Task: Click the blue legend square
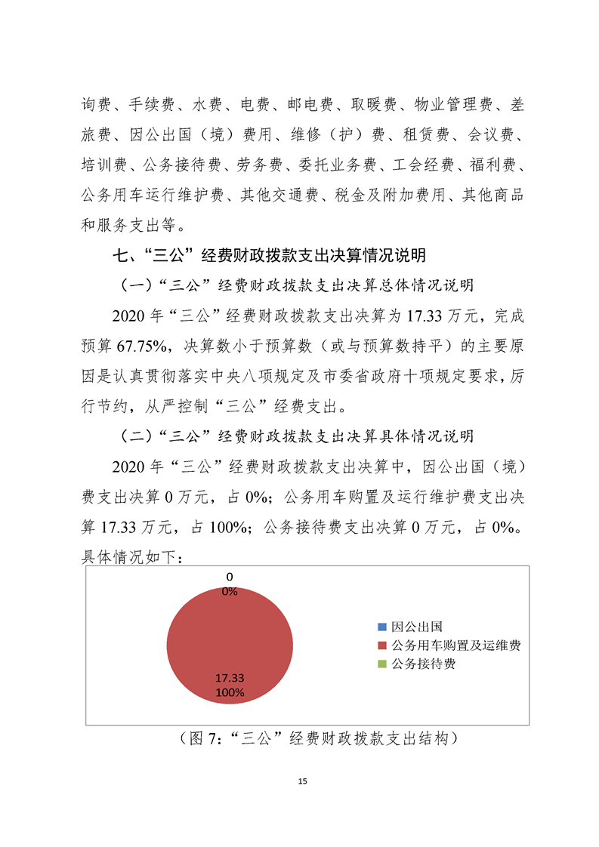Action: tap(382, 627)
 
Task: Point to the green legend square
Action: tap(382, 664)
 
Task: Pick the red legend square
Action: tap(382, 645)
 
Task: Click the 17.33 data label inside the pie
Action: tap(229, 678)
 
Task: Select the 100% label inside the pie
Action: tap(229, 691)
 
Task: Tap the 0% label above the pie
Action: tap(229, 592)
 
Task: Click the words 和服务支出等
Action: tap(131, 224)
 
